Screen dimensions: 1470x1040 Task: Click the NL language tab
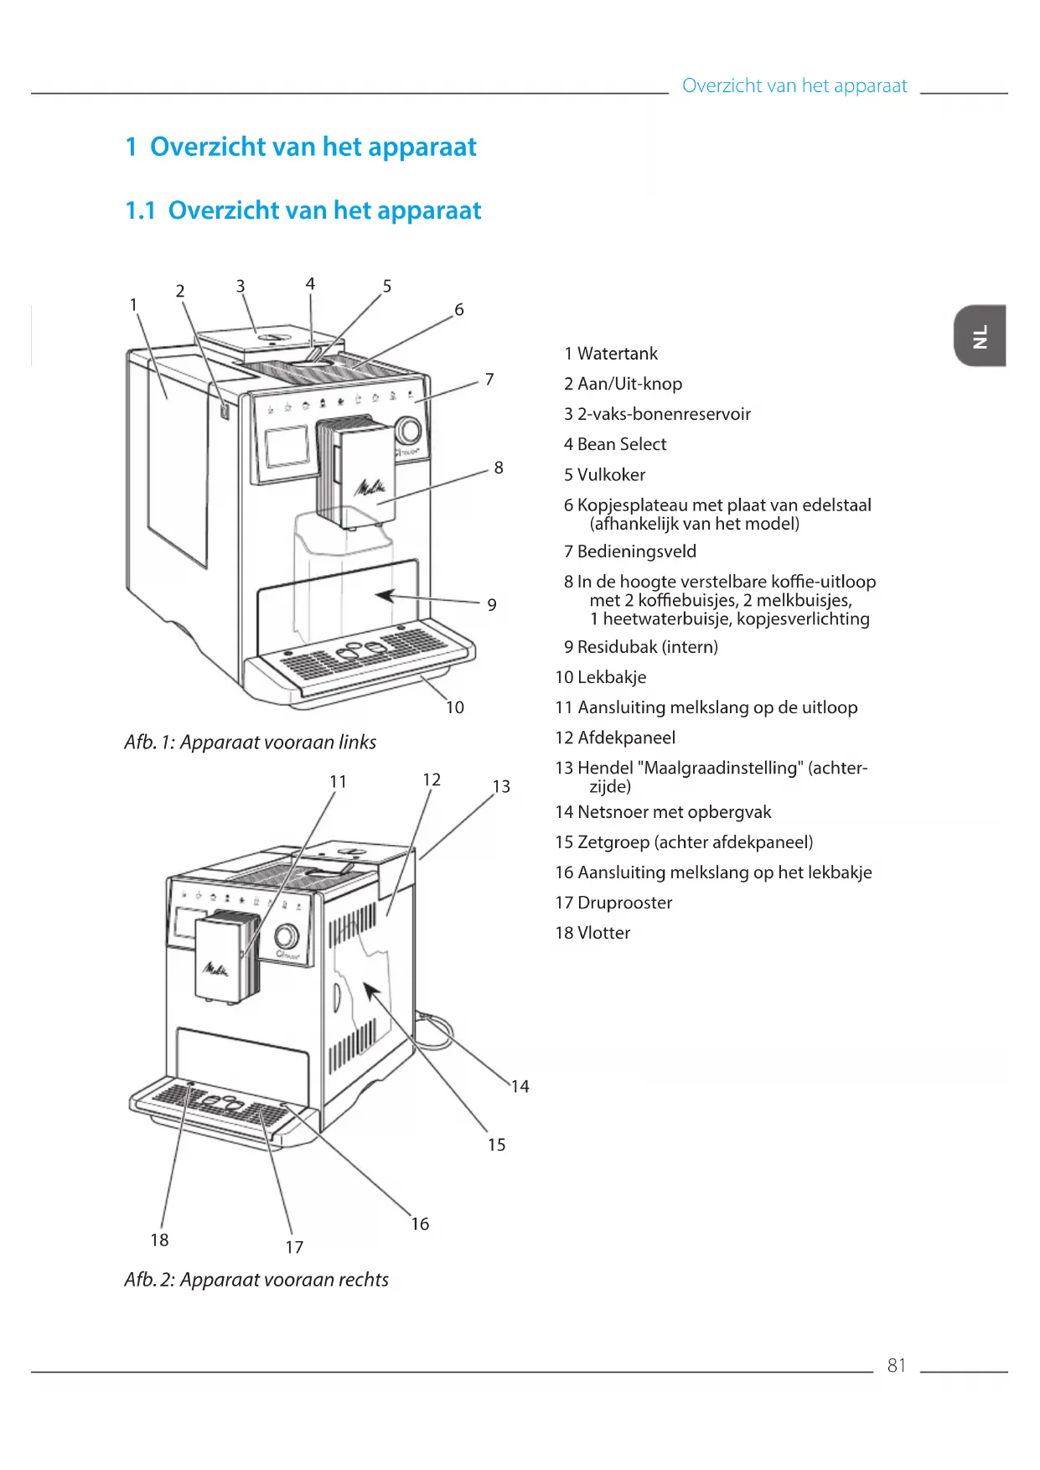(x=980, y=336)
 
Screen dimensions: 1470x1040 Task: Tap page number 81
(x=896, y=1365)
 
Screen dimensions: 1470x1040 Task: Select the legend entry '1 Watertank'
(x=611, y=354)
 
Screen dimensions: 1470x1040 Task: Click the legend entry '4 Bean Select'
(x=615, y=444)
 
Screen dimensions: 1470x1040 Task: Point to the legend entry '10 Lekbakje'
(x=601, y=677)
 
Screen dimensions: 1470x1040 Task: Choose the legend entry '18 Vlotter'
(x=592, y=933)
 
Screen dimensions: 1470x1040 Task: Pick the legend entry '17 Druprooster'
(x=613, y=903)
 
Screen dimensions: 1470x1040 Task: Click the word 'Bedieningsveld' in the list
(x=637, y=551)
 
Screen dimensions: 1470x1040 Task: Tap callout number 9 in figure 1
(x=492, y=604)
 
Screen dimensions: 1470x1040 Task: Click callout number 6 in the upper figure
(x=459, y=309)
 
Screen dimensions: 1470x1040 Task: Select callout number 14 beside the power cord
(x=520, y=1086)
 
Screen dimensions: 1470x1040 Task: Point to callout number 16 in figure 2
(x=420, y=1224)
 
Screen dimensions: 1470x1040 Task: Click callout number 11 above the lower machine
(x=338, y=781)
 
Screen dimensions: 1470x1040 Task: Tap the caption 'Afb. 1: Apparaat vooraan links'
(x=250, y=742)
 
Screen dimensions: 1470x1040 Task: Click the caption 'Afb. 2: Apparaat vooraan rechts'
(x=256, y=1280)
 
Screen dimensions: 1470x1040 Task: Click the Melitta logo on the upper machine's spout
(x=371, y=487)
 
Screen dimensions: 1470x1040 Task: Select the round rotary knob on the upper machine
(x=408, y=431)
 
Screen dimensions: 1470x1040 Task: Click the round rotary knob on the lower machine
(x=287, y=935)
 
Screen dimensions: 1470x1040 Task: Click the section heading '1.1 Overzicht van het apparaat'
(x=303, y=210)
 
